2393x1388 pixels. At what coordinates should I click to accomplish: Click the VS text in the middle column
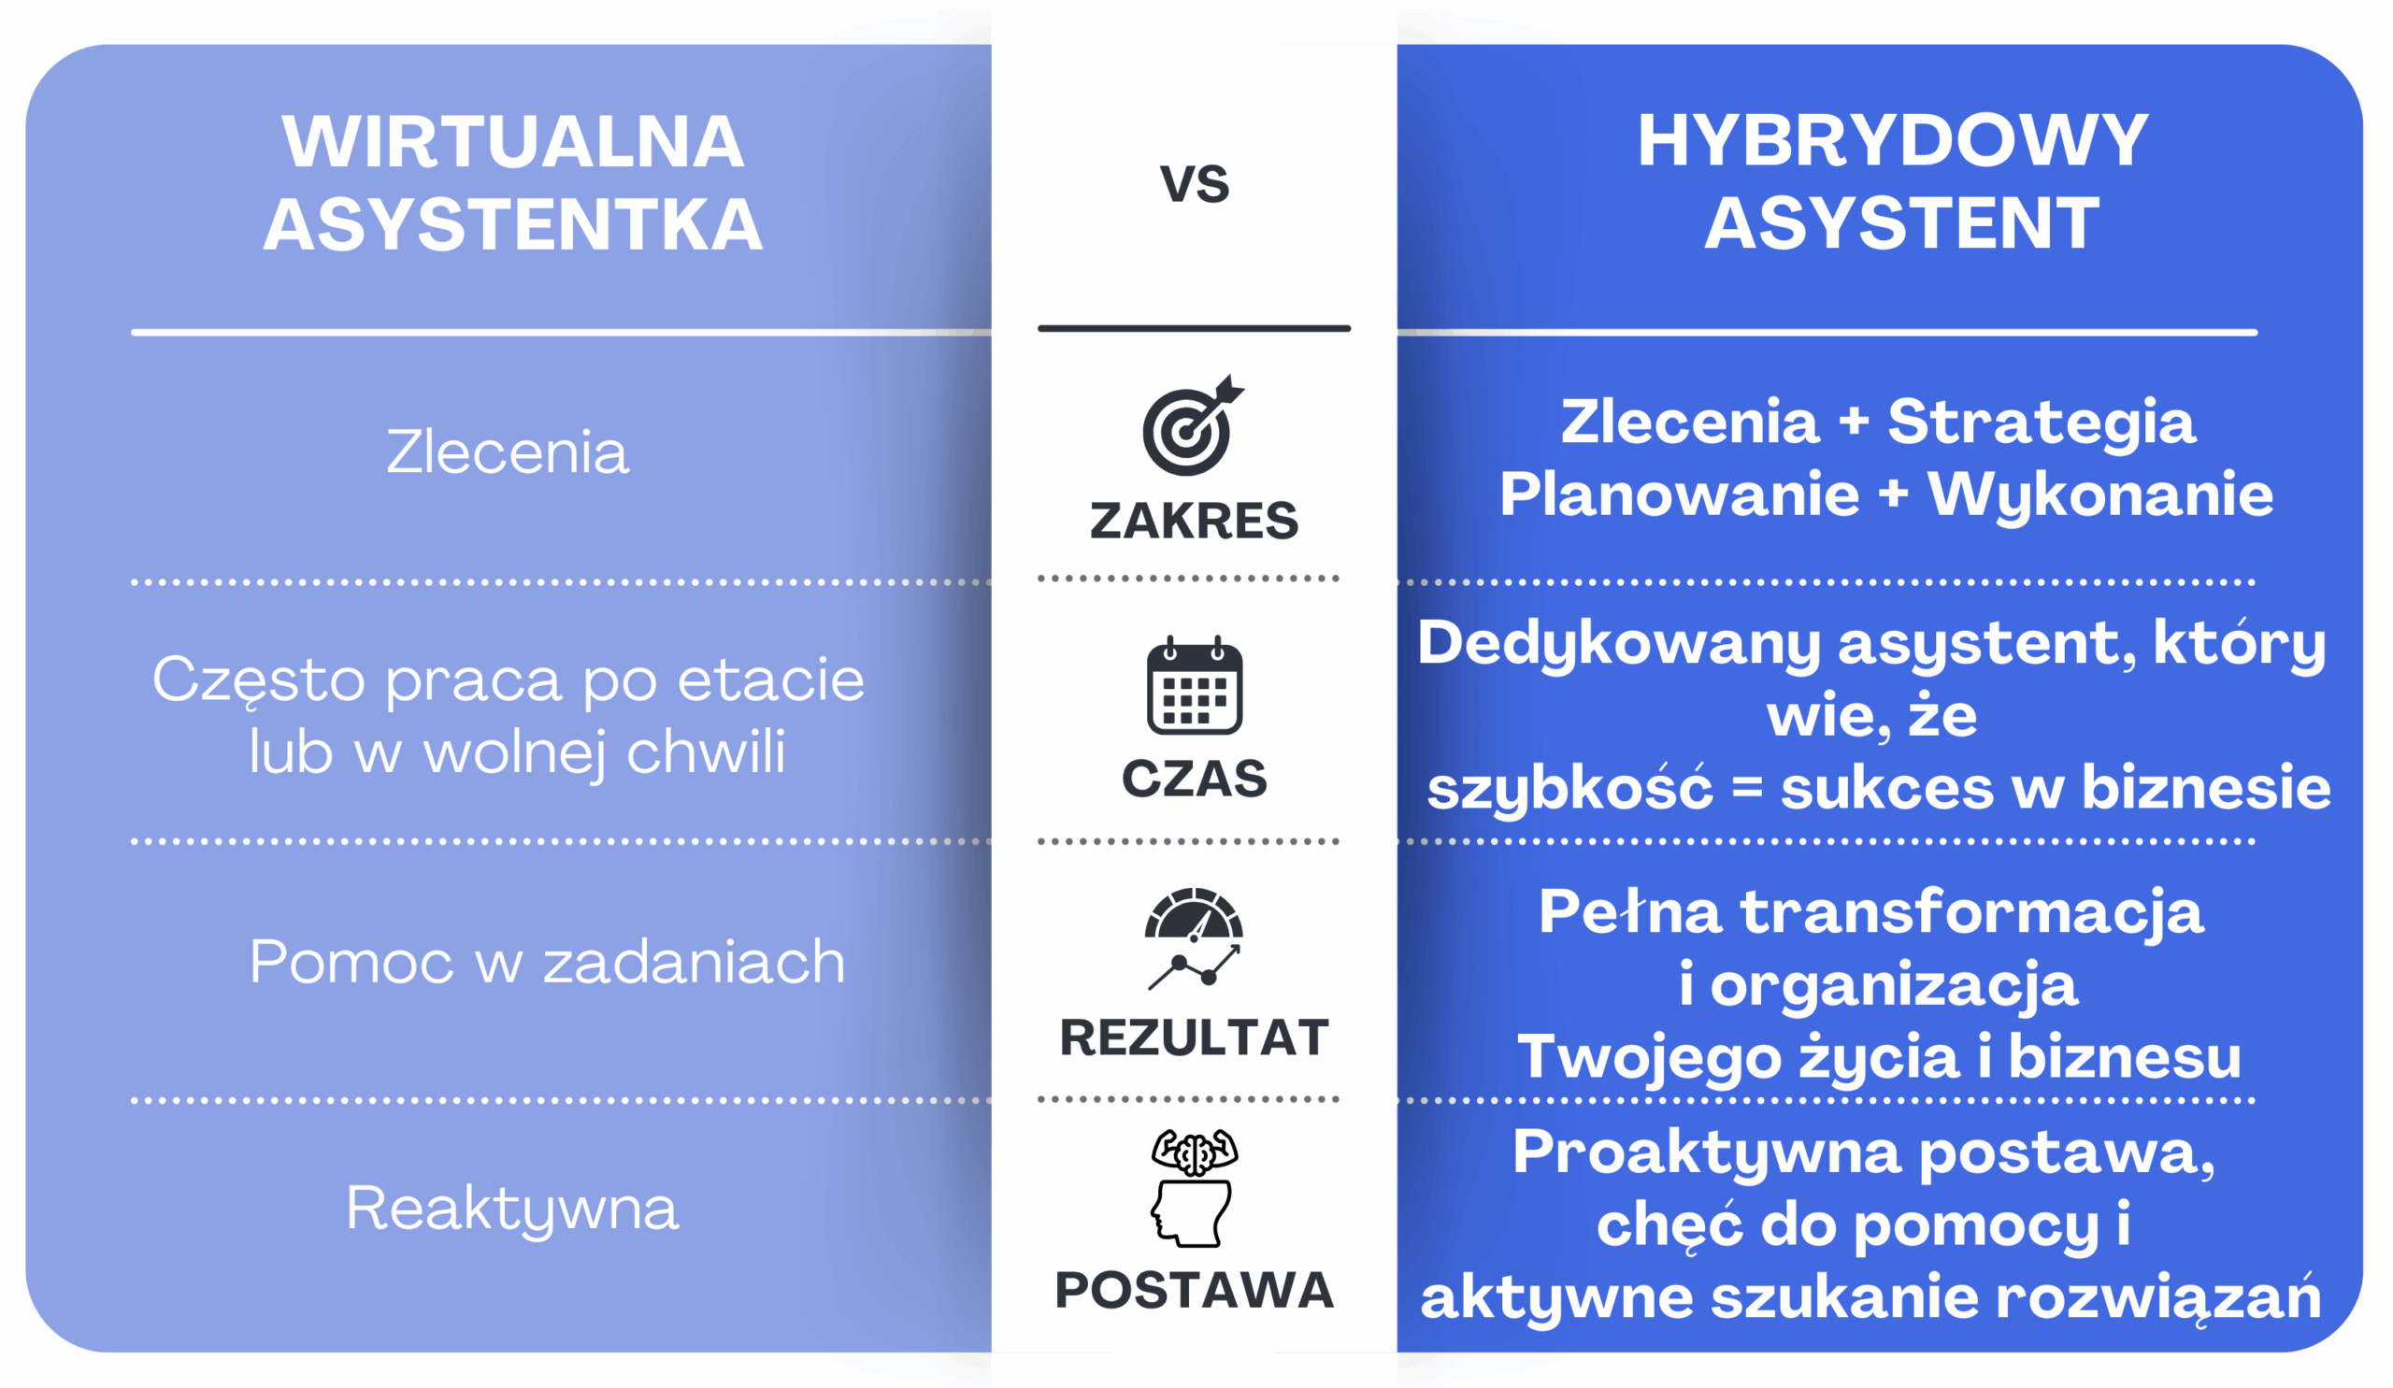pyautogui.click(x=1194, y=183)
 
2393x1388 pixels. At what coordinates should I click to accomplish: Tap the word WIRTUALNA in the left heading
pyautogui.click(x=513, y=142)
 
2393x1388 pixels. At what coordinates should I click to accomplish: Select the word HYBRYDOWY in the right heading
pyautogui.click(x=1893, y=141)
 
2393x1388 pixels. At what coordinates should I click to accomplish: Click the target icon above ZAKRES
pyautogui.click(x=1193, y=424)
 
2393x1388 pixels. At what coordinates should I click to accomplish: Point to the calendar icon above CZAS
pyautogui.click(x=1194, y=684)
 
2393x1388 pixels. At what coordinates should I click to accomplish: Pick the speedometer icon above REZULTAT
pyautogui.click(x=1194, y=939)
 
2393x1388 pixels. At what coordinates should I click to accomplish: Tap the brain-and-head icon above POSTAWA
pyautogui.click(x=1194, y=1188)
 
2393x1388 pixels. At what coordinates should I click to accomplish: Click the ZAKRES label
pyautogui.click(x=1194, y=521)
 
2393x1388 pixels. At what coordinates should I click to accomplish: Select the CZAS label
pyautogui.click(x=1194, y=779)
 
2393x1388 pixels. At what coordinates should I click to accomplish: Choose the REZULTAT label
pyautogui.click(x=1194, y=1037)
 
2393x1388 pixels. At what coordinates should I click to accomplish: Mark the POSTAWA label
pyautogui.click(x=1194, y=1290)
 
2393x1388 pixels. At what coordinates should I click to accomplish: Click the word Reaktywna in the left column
pyautogui.click(x=512, y=1209)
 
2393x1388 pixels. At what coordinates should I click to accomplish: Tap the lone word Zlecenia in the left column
pyautogui.click(x=507, y=451)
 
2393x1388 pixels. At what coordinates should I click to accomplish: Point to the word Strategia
pyautogui.click(x=2041, y=422)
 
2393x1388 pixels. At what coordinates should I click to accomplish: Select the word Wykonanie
pyautogui.click(x=2100, y=494)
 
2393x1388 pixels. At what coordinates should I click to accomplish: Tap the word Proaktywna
pyautogui.click(x=1707, y=1153)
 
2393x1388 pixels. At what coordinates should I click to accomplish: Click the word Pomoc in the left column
pyautogui.click(x=351, y=962)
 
